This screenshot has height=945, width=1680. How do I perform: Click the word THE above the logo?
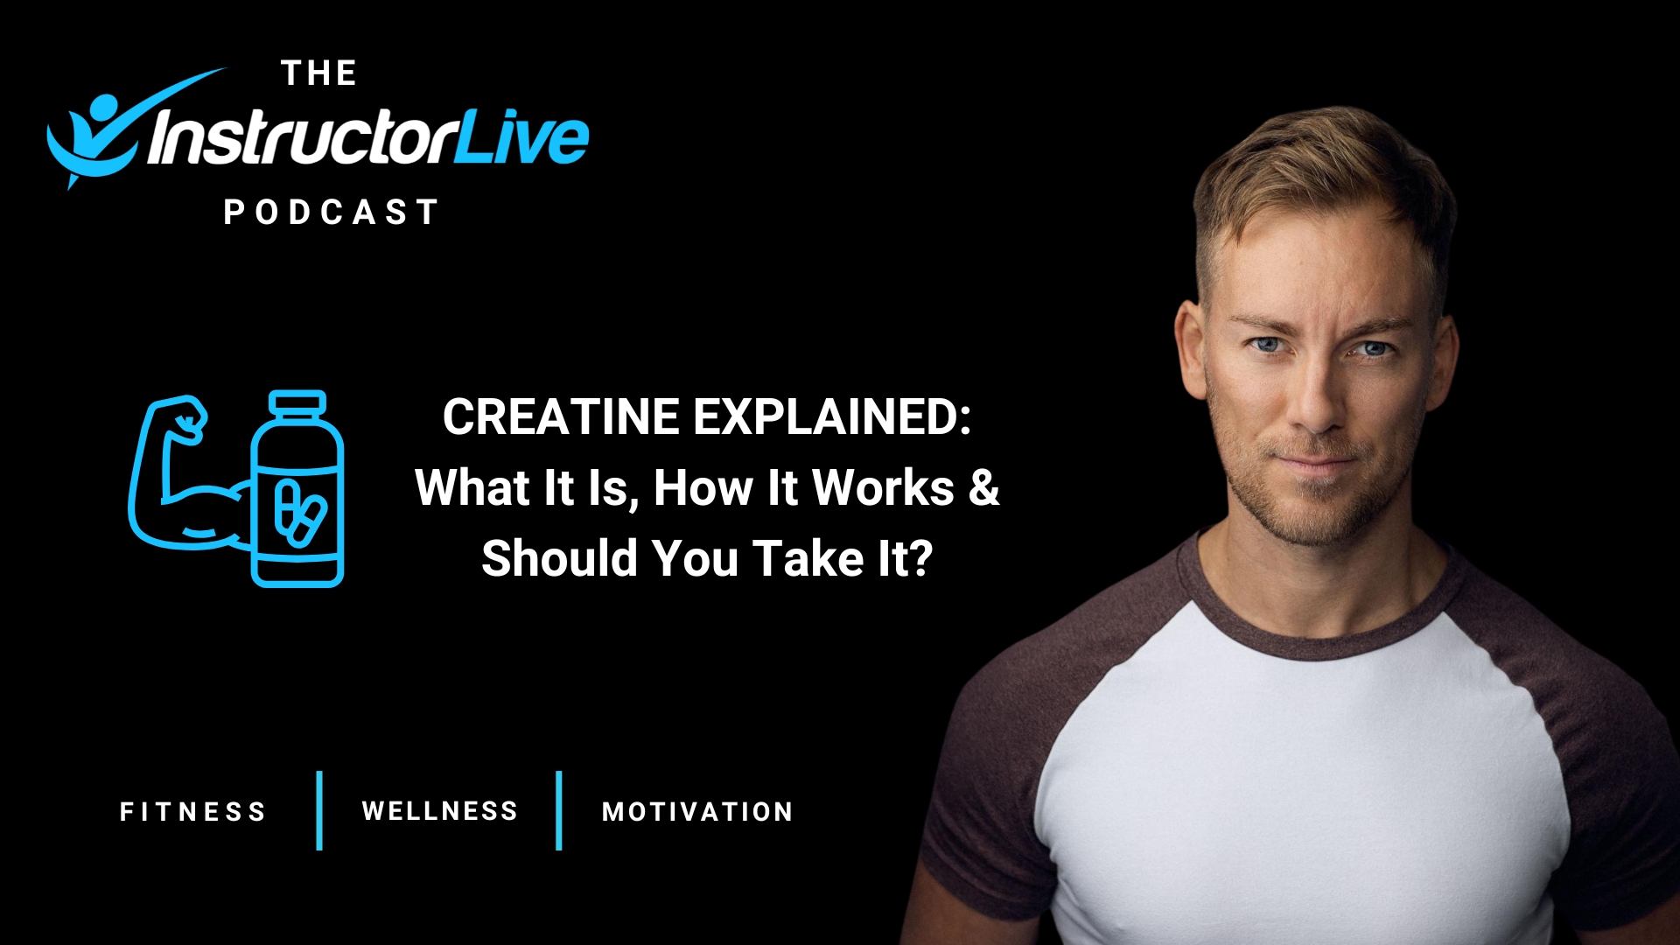(x=319, y=73)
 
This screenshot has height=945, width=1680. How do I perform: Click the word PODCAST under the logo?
(x=331, y=213)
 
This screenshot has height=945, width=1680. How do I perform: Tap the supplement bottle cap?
(x=297, y=403)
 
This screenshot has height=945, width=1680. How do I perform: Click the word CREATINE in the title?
(x=561, y=416)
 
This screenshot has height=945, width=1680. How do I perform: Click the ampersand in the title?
(x=983, y=487)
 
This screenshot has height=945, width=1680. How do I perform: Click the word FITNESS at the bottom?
(x=192, y=812)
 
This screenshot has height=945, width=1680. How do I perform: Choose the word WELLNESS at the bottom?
(x=440, y=811)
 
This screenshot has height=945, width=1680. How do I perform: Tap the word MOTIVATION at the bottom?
(x=697, y=812)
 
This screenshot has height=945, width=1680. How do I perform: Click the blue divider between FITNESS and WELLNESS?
(x=319, y=810)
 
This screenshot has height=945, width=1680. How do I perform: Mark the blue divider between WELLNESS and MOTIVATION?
(x=558, y=810)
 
